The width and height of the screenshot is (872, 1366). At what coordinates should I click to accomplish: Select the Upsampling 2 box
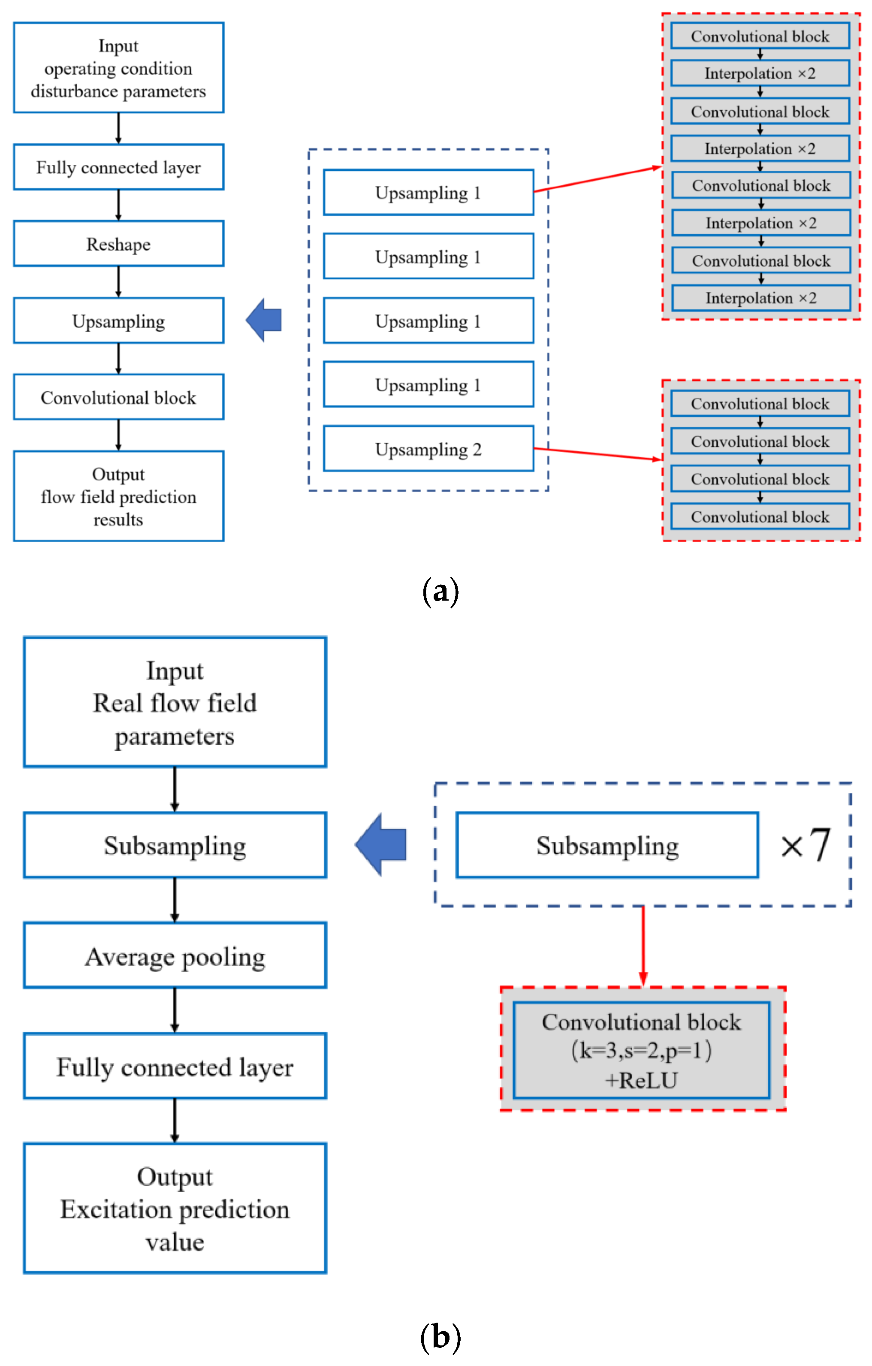(x=428, y=449)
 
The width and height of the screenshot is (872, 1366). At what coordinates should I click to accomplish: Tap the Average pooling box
(x=175, y=956)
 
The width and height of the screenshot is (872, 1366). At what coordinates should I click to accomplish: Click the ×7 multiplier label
(x=805, y=845)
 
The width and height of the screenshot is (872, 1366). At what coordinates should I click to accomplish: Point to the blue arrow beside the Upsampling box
(x=264, y=320)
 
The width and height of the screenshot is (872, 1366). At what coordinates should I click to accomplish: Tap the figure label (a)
(x=440, y=592)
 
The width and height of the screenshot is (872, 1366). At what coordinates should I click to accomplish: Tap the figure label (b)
(x=440, y=1337)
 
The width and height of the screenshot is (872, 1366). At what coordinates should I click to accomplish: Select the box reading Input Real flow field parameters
(x=175, y=702)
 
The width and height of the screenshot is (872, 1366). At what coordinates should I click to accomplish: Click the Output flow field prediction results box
(x=118, y=496)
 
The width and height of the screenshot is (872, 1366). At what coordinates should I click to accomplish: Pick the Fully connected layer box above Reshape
(x=118, y=167)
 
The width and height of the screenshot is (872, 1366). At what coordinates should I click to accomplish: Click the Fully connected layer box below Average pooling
(x=175, y=1067)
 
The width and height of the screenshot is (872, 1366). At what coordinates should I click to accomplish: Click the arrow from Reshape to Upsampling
(x=118, y=281)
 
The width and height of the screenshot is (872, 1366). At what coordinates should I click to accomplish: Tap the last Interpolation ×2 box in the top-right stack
(x=760, y=298)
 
